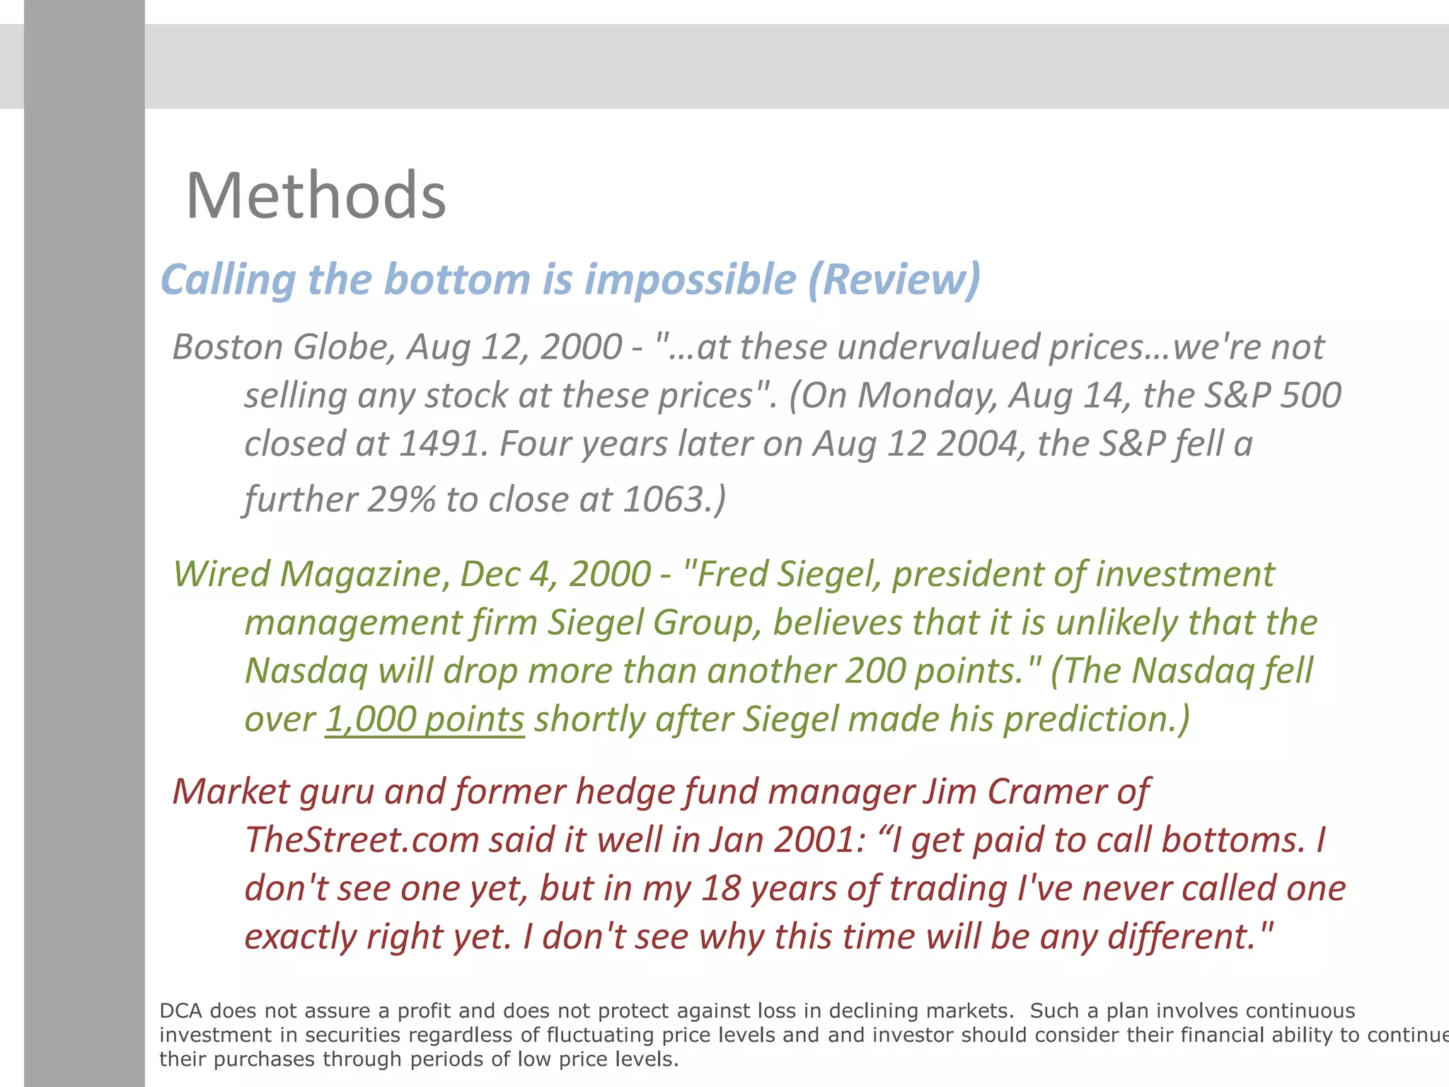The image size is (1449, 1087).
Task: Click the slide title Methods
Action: (316, 196)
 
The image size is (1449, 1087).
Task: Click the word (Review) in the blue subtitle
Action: (894, 280)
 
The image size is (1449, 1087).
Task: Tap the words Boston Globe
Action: (284, 347)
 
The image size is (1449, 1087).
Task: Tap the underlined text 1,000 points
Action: (425, 720)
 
